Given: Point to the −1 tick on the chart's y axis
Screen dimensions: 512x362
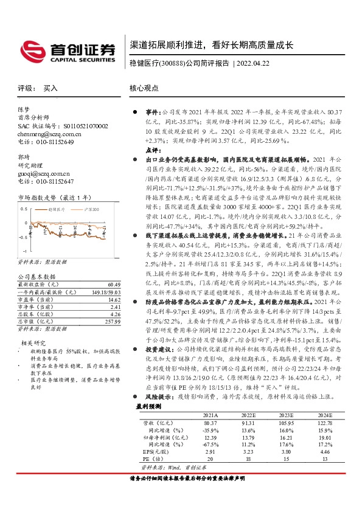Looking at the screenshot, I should (24, 250).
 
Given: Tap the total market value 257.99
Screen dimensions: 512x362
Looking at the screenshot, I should (111, 321).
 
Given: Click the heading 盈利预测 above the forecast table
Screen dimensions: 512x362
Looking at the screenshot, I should (148, 405).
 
